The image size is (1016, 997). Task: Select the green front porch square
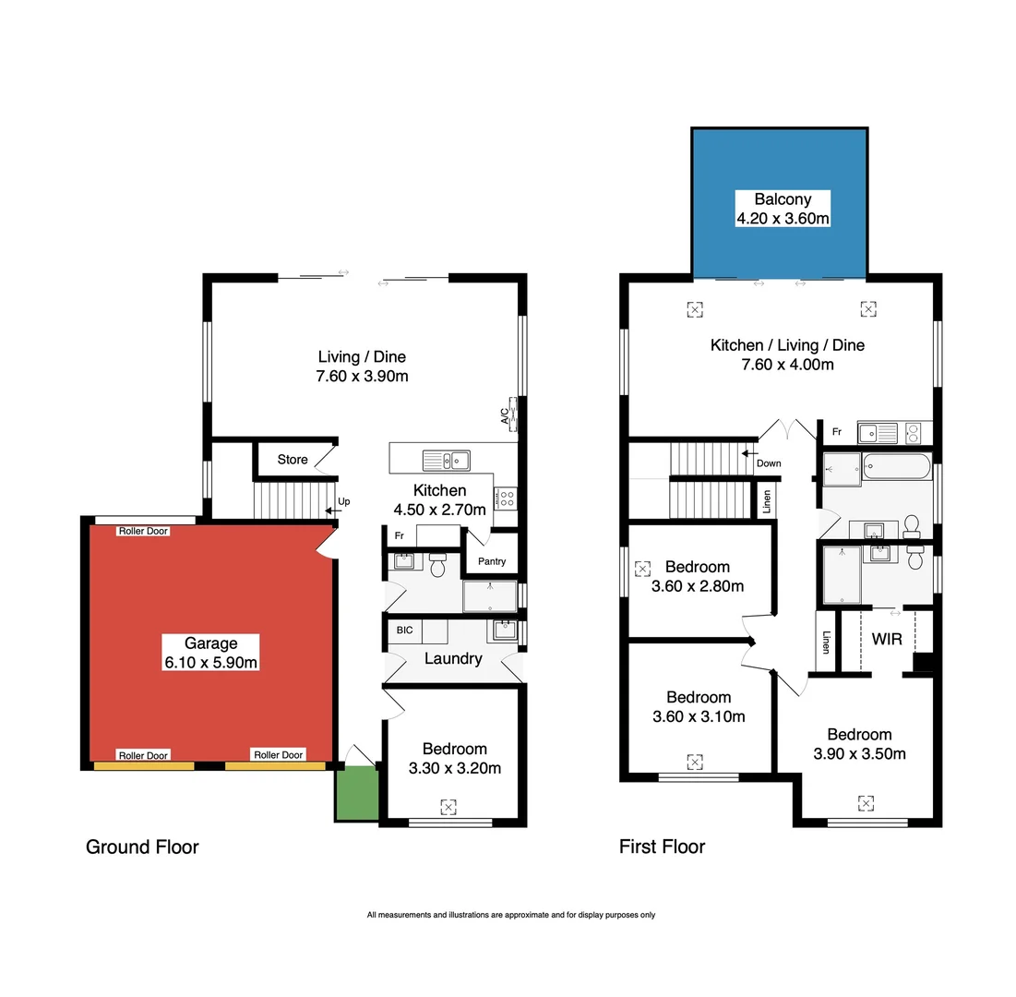click(356, 792)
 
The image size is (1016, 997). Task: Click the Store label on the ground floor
click(293, 460)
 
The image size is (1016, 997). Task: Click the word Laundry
click(453, 659)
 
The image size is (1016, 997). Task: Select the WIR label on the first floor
click(886, 639)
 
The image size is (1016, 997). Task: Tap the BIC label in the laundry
click(404, 631)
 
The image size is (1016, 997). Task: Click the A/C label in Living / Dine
click(505, 416)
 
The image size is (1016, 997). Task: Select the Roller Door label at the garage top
click(143, 531)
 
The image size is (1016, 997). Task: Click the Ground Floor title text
click(142, 847)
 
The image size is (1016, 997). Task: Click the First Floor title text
click(662, 847)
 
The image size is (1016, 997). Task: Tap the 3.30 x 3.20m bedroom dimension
click(454, 767)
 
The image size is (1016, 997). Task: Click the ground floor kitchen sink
click(447, 460)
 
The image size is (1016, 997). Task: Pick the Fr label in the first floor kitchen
click(836, 431)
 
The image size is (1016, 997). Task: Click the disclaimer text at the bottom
click(510, 915)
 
